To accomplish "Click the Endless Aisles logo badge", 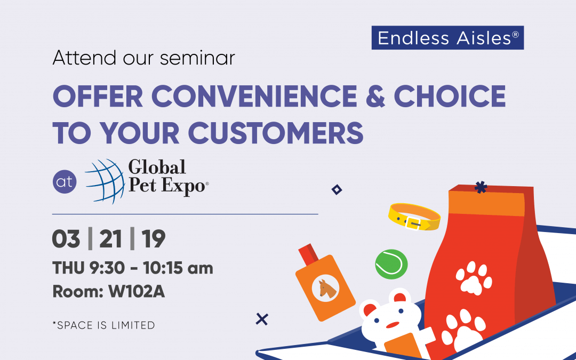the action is [x=447, y=38].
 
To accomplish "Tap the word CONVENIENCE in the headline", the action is [x=254, y=96].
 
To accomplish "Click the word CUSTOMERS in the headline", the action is [x=276, y=133].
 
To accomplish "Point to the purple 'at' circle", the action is [x=65, y=181].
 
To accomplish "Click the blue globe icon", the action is [x=105, y=181].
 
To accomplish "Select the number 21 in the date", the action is [x=110, y=239].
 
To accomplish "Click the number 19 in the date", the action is [x=153, y=239].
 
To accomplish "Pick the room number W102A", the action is [x=137, y=292].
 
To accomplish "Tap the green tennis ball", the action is [x=391, y=264].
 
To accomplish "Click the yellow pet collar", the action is [x=414, y=217].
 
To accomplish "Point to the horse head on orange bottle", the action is [x=326, y=289].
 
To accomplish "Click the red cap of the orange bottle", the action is [x=308, y=253].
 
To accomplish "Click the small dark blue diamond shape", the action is [x=337, y=189].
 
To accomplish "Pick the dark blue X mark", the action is [x=262, y=319].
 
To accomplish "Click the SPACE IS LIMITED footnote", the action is [x=103, y=325].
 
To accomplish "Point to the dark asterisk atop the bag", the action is [x=481, y=187].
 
